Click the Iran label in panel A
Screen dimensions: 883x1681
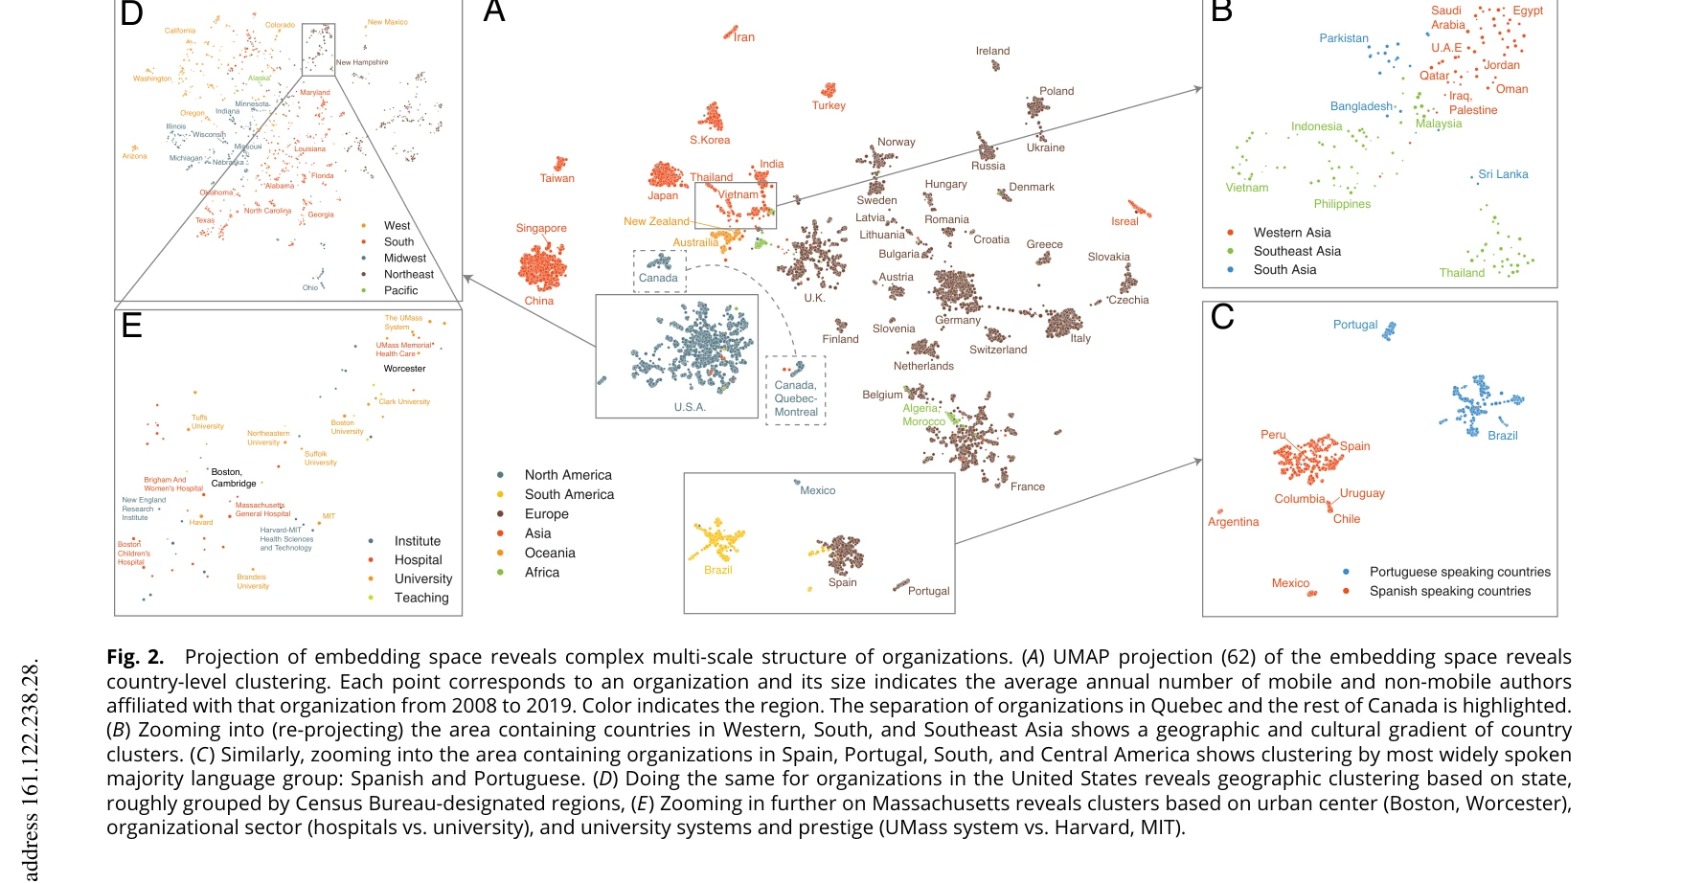point(744,37)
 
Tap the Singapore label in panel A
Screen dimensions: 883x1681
point(541,228)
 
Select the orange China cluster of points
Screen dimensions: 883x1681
point(542,266)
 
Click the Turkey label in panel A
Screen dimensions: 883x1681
point(829,105)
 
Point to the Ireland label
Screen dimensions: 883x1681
point(992,51)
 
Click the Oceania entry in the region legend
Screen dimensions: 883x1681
point(550,553)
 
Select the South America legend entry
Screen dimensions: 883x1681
point(569,494)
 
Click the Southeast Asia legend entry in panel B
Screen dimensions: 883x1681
point(1297,251)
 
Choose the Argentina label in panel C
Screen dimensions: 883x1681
point(1233,522)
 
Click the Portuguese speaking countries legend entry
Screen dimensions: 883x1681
point(1459,572)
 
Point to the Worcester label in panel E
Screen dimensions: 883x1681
point(404,369)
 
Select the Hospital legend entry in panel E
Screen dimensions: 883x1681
point(418,560)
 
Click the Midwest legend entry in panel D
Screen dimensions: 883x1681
point(405,258)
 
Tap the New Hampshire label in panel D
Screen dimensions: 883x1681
point(362,62)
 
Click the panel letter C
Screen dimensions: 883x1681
point(1222,317)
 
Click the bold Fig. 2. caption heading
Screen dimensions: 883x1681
point(135,657)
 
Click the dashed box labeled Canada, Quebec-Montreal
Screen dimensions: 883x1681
point(795,391)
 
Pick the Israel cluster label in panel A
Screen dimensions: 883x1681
point(1124,221)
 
